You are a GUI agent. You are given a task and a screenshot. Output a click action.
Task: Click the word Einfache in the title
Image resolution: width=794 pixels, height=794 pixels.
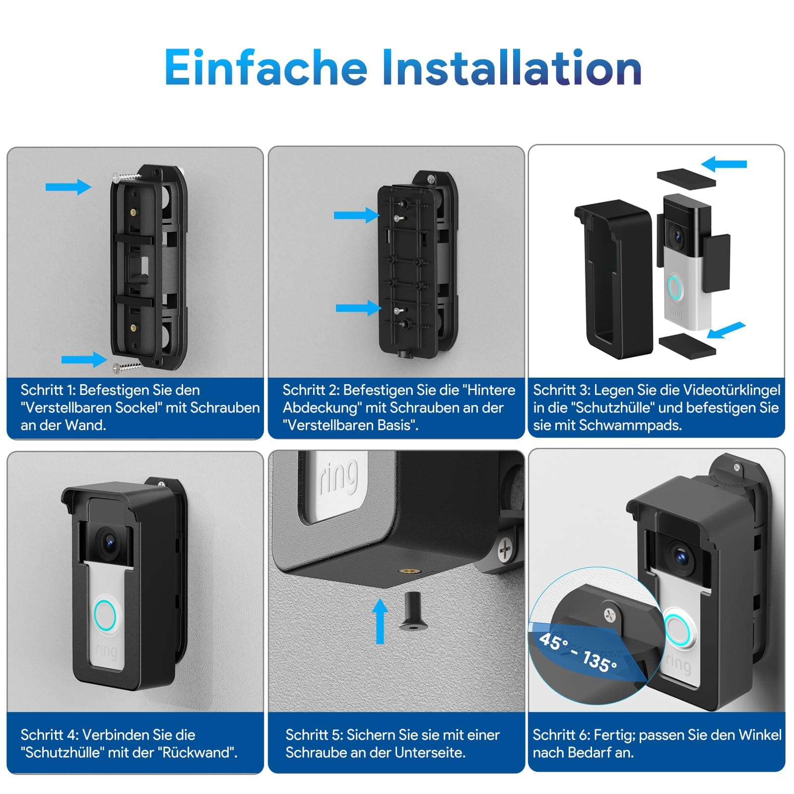coord(266,67)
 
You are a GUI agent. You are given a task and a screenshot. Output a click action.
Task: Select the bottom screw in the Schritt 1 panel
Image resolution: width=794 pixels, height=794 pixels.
coord(127,367)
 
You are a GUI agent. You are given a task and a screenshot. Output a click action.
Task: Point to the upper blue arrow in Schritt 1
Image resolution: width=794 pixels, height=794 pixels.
coord(68,187)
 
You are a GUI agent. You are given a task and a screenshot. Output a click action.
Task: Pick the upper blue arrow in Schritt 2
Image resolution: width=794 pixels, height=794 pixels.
coord(357,215)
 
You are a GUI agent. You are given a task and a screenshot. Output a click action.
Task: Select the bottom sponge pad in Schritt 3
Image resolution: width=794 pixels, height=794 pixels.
coord(687,344)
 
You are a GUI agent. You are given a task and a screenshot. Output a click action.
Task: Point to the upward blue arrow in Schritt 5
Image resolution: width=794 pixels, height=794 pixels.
coord(380,621)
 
